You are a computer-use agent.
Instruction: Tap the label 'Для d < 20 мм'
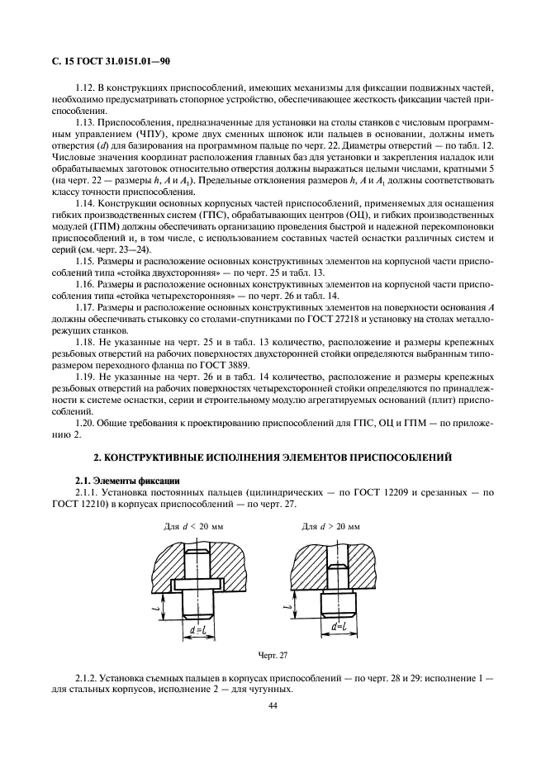pos(192,525)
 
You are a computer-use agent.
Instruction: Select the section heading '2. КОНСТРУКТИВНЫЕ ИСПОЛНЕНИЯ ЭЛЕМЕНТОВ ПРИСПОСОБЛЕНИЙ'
pos(272,455)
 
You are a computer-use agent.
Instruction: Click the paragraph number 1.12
pos(85,87)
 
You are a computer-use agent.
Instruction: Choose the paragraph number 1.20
pos(85,422)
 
